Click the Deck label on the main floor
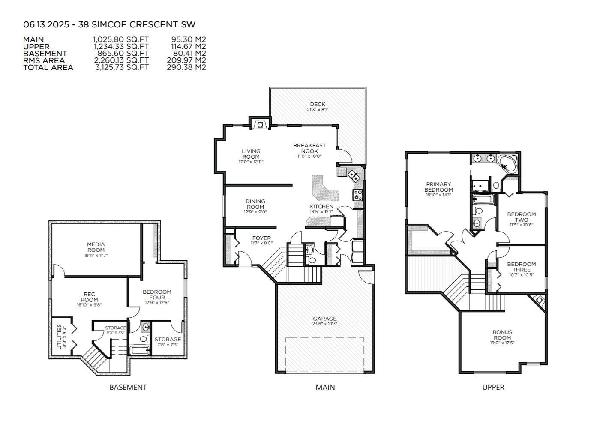[318, 104]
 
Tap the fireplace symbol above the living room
[260, 124]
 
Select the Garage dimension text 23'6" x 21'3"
[324, 324]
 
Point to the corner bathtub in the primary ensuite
[508, 164]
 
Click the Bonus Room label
[502, 335]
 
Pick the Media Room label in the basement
[96, 247]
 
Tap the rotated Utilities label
[60, 337]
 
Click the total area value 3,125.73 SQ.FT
[122, 67]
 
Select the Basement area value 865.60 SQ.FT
[123, 54]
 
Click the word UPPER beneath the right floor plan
[493, 387]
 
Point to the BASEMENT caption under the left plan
[128, 387]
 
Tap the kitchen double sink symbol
[354, 175]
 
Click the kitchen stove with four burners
[357, 195]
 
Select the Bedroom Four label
[157, 295]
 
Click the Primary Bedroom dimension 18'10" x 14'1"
[438, 195]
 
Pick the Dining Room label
[255, 204]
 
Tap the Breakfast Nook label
[309, 148]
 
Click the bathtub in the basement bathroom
[140, 351]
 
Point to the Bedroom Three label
[522, 267]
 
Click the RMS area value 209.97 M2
[186, 60]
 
